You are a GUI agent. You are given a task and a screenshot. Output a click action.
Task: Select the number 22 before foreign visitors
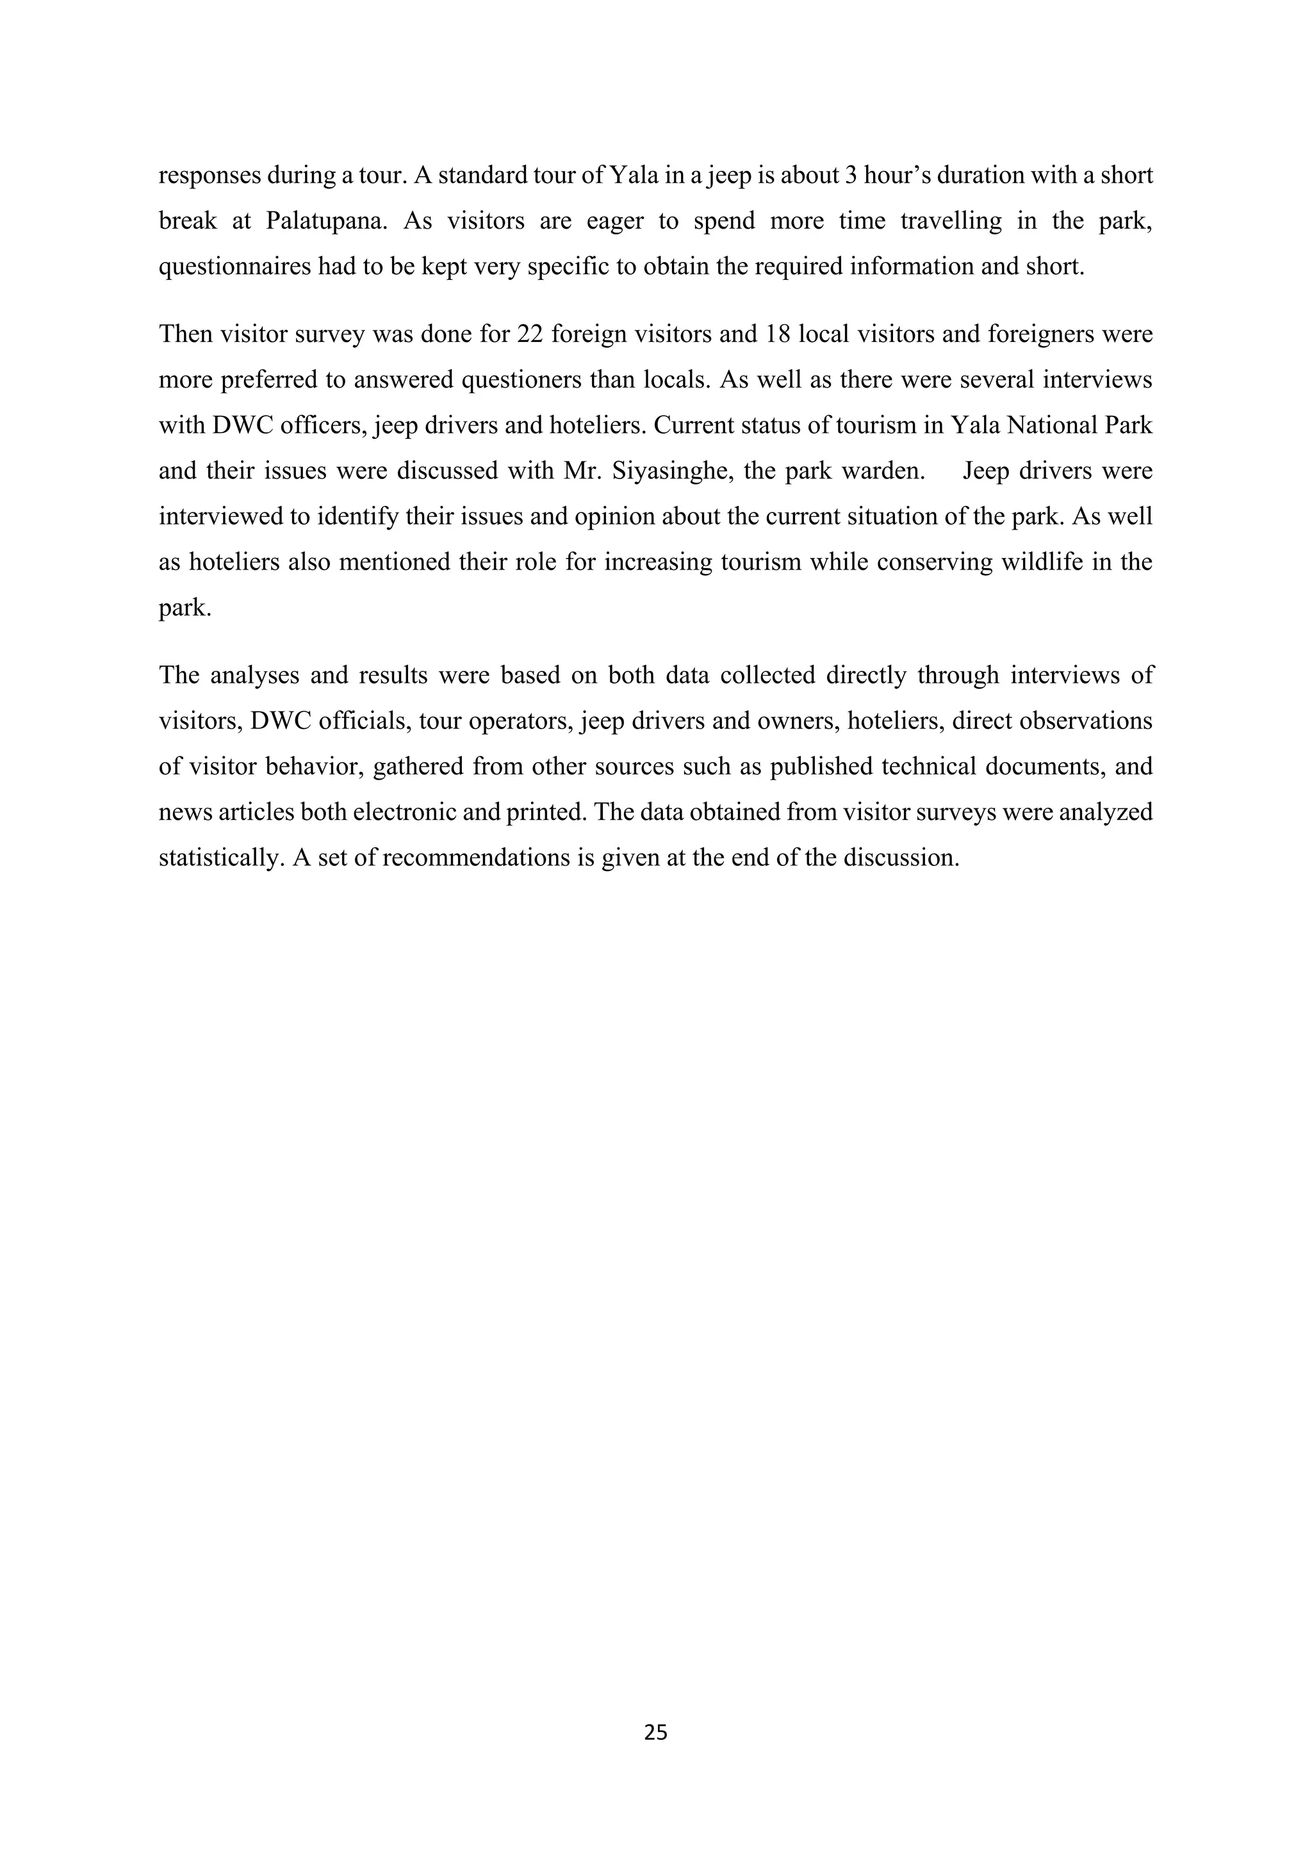point(529,334)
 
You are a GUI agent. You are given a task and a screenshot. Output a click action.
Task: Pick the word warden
point(883,471)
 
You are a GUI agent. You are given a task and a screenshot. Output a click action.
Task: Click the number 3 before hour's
point(850,176)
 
